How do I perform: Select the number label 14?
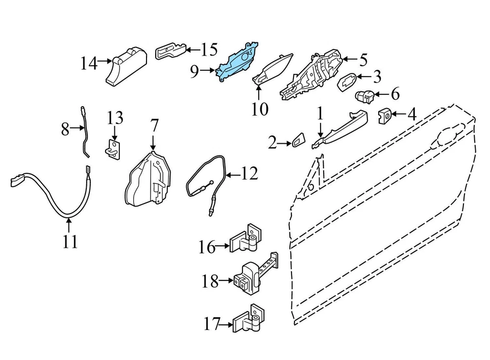click(88, 64)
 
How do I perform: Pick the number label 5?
click(363, 60)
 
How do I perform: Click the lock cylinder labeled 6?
click(365, 95)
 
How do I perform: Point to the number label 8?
click(65, 129)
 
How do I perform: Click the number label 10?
click(259, 109)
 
